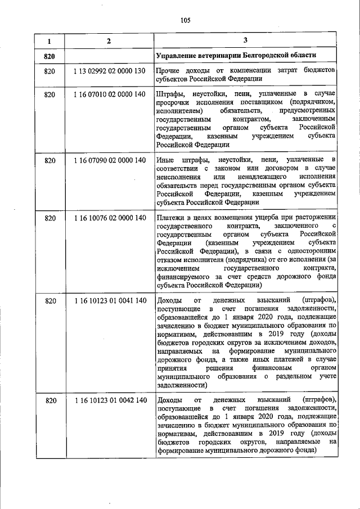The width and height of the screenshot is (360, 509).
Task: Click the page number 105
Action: tap(186, 21)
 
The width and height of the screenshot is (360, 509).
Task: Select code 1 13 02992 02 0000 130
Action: tap(109, 71)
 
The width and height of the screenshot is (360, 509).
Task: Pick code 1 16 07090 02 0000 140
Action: tap(109, 162)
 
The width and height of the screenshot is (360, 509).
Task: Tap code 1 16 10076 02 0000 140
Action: tap(109, 218)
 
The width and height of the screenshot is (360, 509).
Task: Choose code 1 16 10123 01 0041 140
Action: tap(109, 301)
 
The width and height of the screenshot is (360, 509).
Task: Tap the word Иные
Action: tap(167, 162)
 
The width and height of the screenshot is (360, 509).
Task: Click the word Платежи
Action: tap(172, 218)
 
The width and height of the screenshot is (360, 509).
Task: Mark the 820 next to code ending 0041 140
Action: tap(49, 301)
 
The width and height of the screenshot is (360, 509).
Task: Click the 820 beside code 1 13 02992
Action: tap(49, 71)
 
